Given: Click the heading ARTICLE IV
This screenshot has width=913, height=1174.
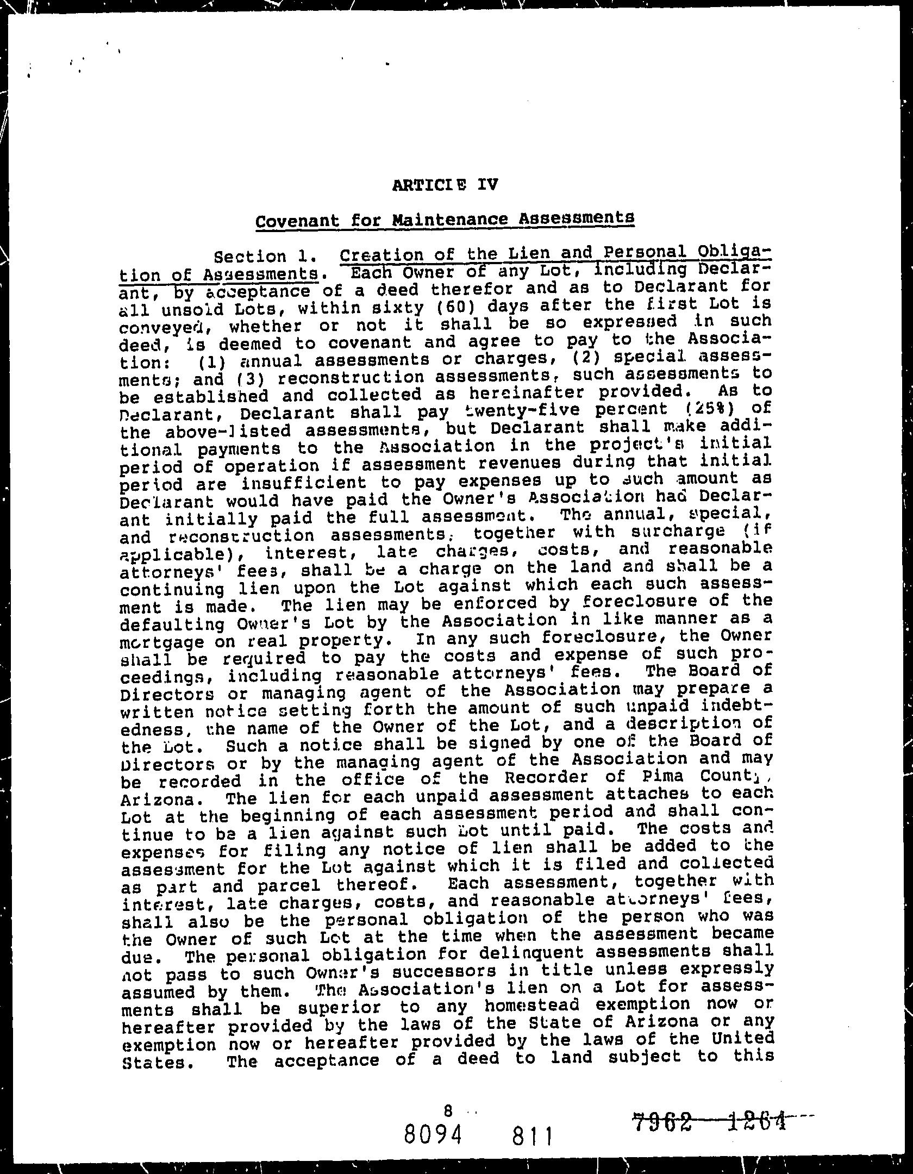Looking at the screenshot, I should point(444,185).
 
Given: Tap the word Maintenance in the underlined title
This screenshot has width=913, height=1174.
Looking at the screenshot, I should point(451,220).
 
